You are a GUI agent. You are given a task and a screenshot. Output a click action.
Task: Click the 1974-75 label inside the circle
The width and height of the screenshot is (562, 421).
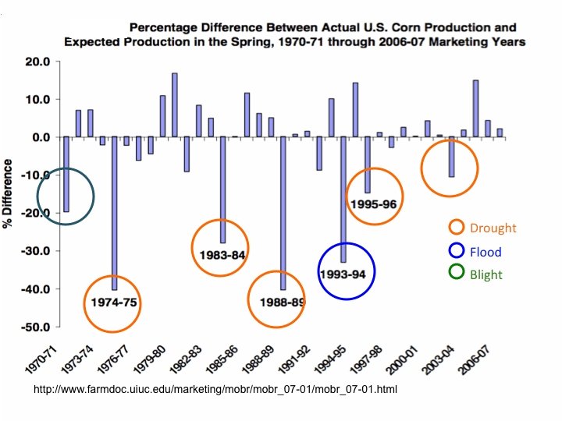coord(113,302)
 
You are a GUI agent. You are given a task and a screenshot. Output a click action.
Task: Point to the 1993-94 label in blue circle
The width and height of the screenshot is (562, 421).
coord(347,271)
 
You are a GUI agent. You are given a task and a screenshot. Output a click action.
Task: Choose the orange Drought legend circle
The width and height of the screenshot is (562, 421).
coord(457,228)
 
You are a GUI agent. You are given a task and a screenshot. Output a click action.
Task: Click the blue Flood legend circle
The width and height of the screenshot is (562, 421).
coord(457,251)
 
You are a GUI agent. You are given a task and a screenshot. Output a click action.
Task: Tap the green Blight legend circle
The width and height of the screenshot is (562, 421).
coord(457,273)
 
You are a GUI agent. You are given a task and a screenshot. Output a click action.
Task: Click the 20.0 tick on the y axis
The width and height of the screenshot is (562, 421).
coord(37,62)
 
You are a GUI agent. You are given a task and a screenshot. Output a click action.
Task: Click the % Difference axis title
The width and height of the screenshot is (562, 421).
coord(9,193)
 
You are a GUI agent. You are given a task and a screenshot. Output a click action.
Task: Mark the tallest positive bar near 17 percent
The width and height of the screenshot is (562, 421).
coord(175,104)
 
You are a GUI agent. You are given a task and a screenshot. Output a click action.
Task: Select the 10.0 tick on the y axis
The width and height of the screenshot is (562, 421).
coord(37,100)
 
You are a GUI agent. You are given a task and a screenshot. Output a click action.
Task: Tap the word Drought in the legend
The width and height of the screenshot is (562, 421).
coord(493,228)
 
